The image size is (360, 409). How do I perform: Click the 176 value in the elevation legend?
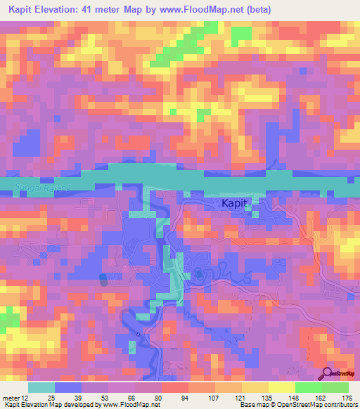[345, 398]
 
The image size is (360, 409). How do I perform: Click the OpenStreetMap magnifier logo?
[328, 373]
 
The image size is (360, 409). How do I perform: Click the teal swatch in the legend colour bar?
[41, 387]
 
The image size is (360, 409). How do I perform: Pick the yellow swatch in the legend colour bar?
[281, 387]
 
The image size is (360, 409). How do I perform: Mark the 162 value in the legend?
[319, 398]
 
